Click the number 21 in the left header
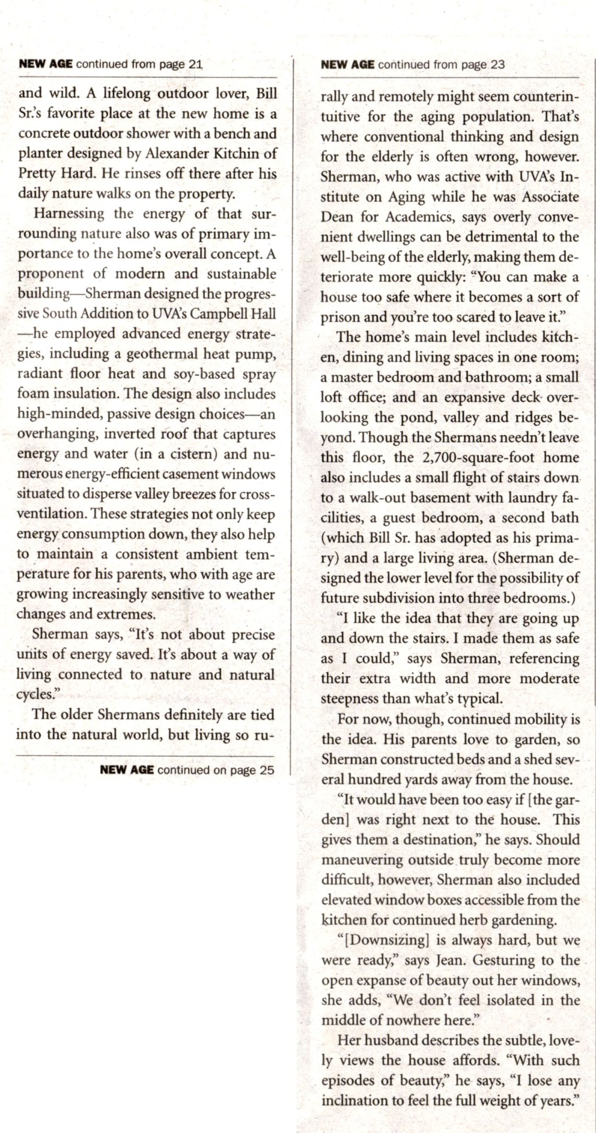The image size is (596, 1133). point(195,65)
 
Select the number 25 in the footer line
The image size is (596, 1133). point(267,770)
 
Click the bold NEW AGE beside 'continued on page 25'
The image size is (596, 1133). point(127,770)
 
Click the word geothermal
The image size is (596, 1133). point(165,353)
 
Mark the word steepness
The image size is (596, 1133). point(349,698)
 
